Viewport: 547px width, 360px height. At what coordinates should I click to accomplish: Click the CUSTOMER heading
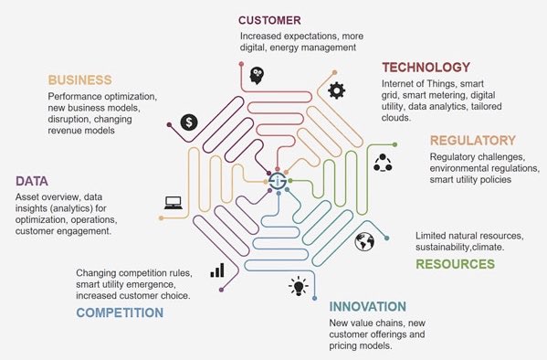coord(269,20)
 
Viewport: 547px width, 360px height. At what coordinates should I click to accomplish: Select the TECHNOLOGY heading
coord(426,68)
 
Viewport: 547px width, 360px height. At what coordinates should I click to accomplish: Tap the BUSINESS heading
coord(79,80)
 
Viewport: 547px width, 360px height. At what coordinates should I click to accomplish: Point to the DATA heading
coord(32,181)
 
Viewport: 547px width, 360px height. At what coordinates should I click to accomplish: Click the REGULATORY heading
coord(473,141)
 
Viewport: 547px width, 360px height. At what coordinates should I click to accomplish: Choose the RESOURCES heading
coord(456,264)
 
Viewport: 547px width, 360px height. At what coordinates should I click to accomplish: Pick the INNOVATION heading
coord(368,307)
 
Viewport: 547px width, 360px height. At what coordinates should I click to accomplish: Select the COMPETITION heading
coord(120,312)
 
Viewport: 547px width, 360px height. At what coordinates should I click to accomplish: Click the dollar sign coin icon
coord(189,122)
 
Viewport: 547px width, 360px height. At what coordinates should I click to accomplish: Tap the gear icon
coord(337,90)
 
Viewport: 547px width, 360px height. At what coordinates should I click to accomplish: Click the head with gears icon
coord(258,76)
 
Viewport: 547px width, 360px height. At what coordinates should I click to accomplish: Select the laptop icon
coord(174,203)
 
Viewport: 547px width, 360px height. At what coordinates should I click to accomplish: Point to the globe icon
coord(364,241)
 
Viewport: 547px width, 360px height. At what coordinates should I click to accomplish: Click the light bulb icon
coord(299,286)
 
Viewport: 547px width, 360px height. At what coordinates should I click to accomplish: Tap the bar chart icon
coord(217,270)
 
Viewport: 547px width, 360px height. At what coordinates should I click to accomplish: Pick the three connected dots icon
coord(383,163)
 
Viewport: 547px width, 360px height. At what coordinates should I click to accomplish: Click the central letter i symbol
coord(278,181)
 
